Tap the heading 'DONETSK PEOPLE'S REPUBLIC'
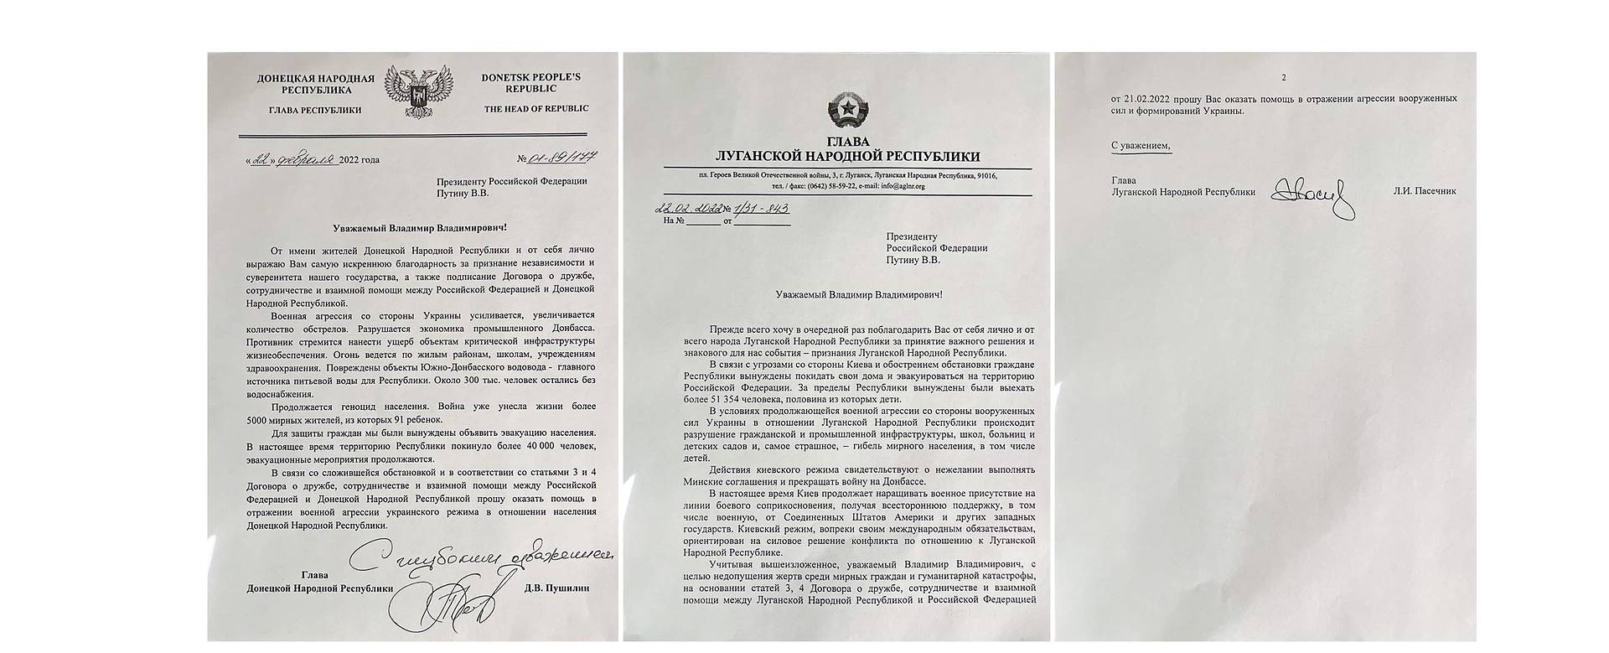tap(530, 82)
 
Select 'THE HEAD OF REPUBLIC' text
tap(535, 108)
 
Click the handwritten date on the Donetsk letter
tap(289, 159)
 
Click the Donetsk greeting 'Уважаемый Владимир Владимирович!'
tap(408, 227)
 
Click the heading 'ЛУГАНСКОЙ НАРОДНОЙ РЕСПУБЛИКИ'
tap(846, 157)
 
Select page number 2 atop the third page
tap(1282, 78)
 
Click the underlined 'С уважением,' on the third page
tap(1141, 146)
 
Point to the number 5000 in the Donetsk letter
tap(261, 419)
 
